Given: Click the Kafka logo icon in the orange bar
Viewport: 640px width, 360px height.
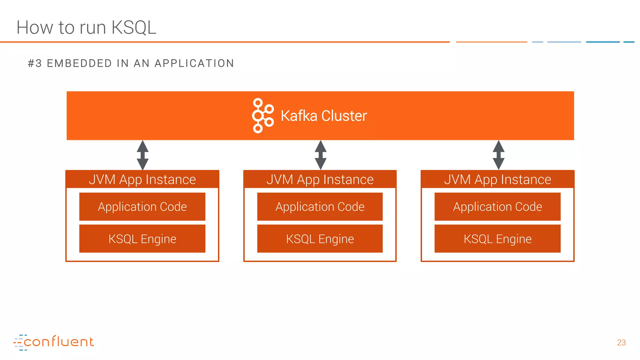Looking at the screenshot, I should pos(262,116).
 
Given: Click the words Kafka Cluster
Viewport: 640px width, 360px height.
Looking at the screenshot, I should pos(324,116).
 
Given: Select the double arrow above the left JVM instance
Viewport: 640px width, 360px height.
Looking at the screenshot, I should pos(142,155).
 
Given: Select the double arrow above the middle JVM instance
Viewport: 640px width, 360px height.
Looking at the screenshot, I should pos(320,155).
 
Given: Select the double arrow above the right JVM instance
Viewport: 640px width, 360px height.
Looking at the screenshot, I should pos(498,155).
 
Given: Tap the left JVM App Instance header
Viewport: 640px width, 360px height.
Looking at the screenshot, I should pos(142,179).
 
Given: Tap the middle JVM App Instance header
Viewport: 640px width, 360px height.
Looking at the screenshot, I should pos(320,179).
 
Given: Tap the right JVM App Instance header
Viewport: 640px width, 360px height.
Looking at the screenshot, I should pos(497,179).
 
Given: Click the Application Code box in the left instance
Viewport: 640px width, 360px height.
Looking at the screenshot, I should pos(142,207).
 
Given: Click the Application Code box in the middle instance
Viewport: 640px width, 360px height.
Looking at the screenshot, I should pos(320,207).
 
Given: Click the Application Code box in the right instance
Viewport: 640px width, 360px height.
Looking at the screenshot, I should pos(497,207).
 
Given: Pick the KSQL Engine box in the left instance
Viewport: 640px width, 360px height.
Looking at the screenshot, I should pos(142,239).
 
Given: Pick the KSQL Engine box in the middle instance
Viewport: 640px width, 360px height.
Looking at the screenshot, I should pos(320,239).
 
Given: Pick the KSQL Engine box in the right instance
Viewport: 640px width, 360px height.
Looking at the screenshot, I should pos(497,239).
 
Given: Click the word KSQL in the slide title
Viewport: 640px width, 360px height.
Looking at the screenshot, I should pos(134,27).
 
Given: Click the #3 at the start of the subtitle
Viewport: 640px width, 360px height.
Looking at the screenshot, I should pos(34,63).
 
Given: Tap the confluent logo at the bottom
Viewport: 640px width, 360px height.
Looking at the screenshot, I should pos(54,342).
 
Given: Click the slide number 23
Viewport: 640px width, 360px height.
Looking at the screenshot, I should pos(621,343).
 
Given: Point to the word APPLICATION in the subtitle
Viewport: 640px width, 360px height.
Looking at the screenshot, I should pos(194,63).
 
